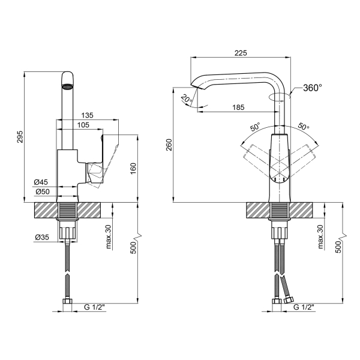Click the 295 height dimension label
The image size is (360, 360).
[x=20, y=137]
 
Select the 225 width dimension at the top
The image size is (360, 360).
[x=241, y=53]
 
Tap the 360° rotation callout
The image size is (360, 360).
[x=313, y=88]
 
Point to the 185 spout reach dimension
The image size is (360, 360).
[x=238, y=107]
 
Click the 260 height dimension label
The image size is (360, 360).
[x=169, y=145]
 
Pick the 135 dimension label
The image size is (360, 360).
[x=87, y=115]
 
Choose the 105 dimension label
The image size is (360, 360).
[x=83, y=125]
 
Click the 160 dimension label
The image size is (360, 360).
[x=133, y=169]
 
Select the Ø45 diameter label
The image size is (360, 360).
[x=41, y=182]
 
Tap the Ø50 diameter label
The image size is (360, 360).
[x=43, y=191]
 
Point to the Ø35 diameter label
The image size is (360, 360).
[x=42, y=237]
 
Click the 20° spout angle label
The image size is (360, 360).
[x=187, y=99]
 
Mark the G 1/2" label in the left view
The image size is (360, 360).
[x=94, y=307]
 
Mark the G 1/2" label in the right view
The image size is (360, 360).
[x=304, y=307]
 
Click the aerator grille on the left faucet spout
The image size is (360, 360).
[x=67, y=87]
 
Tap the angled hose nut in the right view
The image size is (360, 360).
[x=289, y=300]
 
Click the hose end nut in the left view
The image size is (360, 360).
[x=67, y=301]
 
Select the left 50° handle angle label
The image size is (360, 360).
[x=255, y=127]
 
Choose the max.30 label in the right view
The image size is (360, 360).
[x=320, y=237]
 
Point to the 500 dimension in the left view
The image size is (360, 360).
[x=133, y=247]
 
